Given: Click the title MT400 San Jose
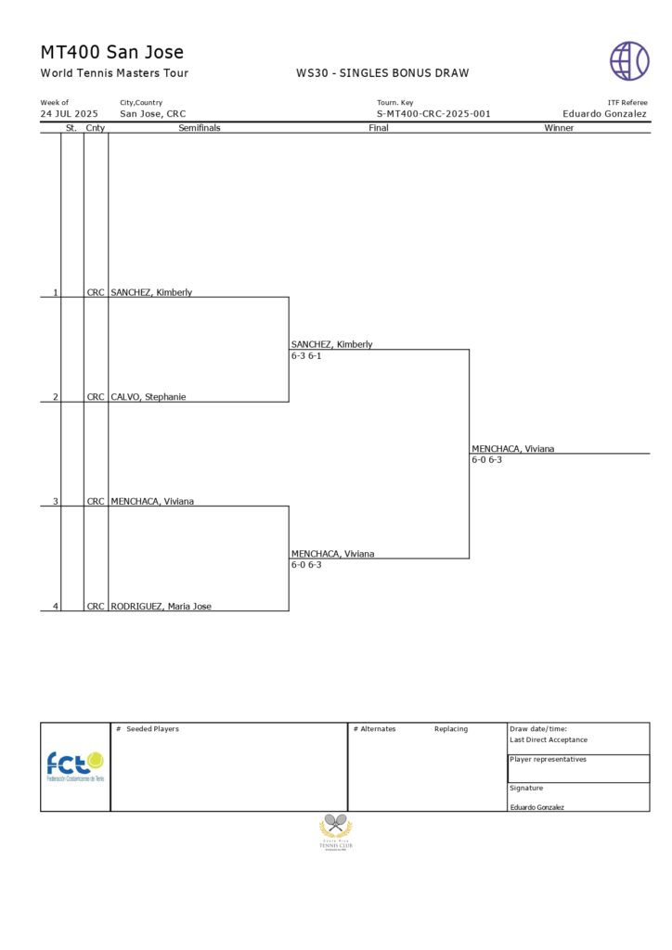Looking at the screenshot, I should pyautogui.click(x=111, y=52).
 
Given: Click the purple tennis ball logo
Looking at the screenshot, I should pyautogui.click(x=629, y=60).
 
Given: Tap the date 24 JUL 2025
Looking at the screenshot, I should pyautogui.click(x=69, y=114).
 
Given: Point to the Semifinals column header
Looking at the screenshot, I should pyautogui.click(x=199, y=128).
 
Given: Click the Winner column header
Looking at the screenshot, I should pyautogui.click(x=559, y=128).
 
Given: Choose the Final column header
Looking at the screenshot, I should pyautogui.click(x=379, y=128).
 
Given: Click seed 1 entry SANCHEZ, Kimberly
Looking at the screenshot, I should pyautogui.click(x=151, y=292).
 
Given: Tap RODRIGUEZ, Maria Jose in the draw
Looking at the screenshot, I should pyautogui.click(x=161, y=607).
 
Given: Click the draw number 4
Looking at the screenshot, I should pyautogui.click(x=55, y=607).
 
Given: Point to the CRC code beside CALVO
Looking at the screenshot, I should pyautogui.click(x=96, y=397).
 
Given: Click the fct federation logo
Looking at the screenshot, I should pyautogui.click(x=75, y=766).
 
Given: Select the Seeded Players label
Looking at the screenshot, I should pyautogui.click(x=152, y=729).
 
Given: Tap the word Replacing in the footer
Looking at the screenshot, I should pyautogui.click(x=451, y=729).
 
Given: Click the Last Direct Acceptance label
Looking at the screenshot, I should pyautogui.click(x=548, y=740).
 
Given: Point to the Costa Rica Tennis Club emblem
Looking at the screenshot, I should pyautogui.click(x=336, y=831).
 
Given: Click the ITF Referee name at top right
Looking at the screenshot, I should pyautogui.click(x=604, y=114).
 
